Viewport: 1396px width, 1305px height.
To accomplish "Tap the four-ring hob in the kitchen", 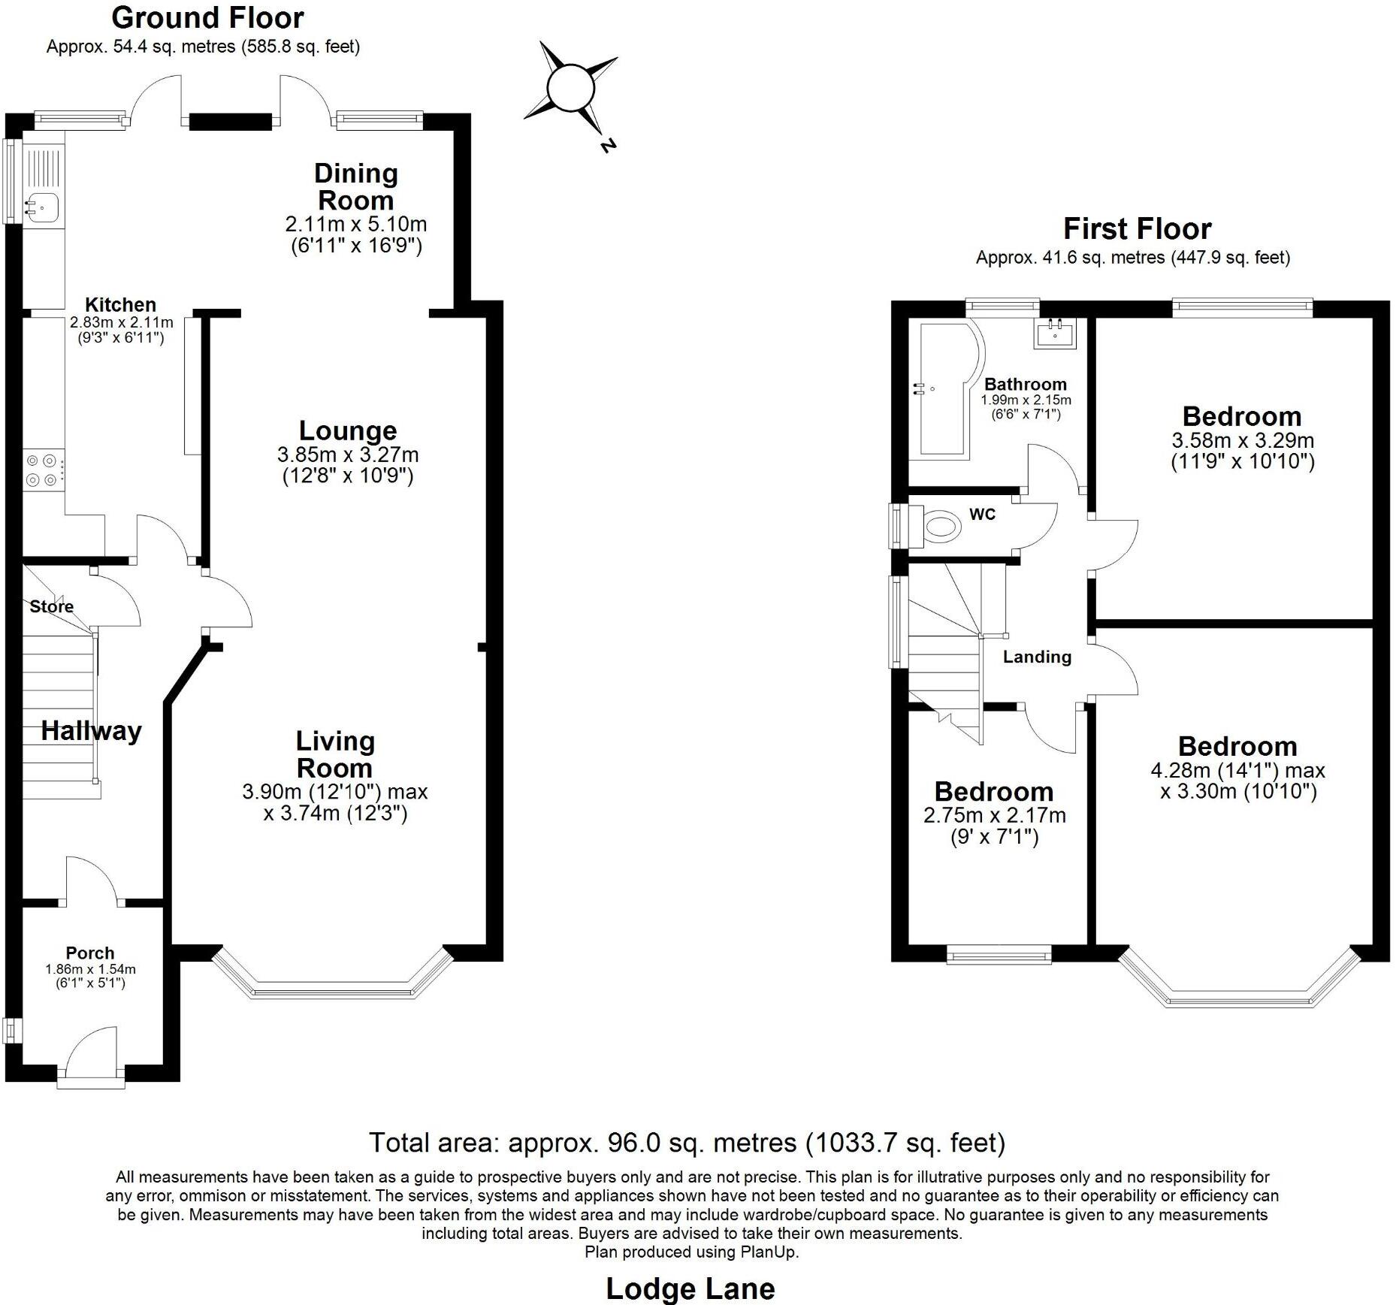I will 42,470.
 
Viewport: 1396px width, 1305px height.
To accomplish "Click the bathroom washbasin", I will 1056,333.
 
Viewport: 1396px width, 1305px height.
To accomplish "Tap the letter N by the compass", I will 608,145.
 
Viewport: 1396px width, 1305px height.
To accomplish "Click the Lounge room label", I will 348,431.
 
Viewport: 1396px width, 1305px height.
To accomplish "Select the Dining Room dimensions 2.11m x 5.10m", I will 355,224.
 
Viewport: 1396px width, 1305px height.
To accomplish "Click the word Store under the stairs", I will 52,606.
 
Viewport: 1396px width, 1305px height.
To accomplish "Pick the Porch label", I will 90,953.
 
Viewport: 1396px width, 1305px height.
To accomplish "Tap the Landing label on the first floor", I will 1037,657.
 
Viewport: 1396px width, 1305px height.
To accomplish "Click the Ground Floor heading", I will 207,17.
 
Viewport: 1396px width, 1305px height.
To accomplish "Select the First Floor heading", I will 1137,228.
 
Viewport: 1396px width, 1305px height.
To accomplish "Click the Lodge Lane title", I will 690,1288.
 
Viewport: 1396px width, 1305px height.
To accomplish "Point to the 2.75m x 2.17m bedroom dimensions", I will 994,815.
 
